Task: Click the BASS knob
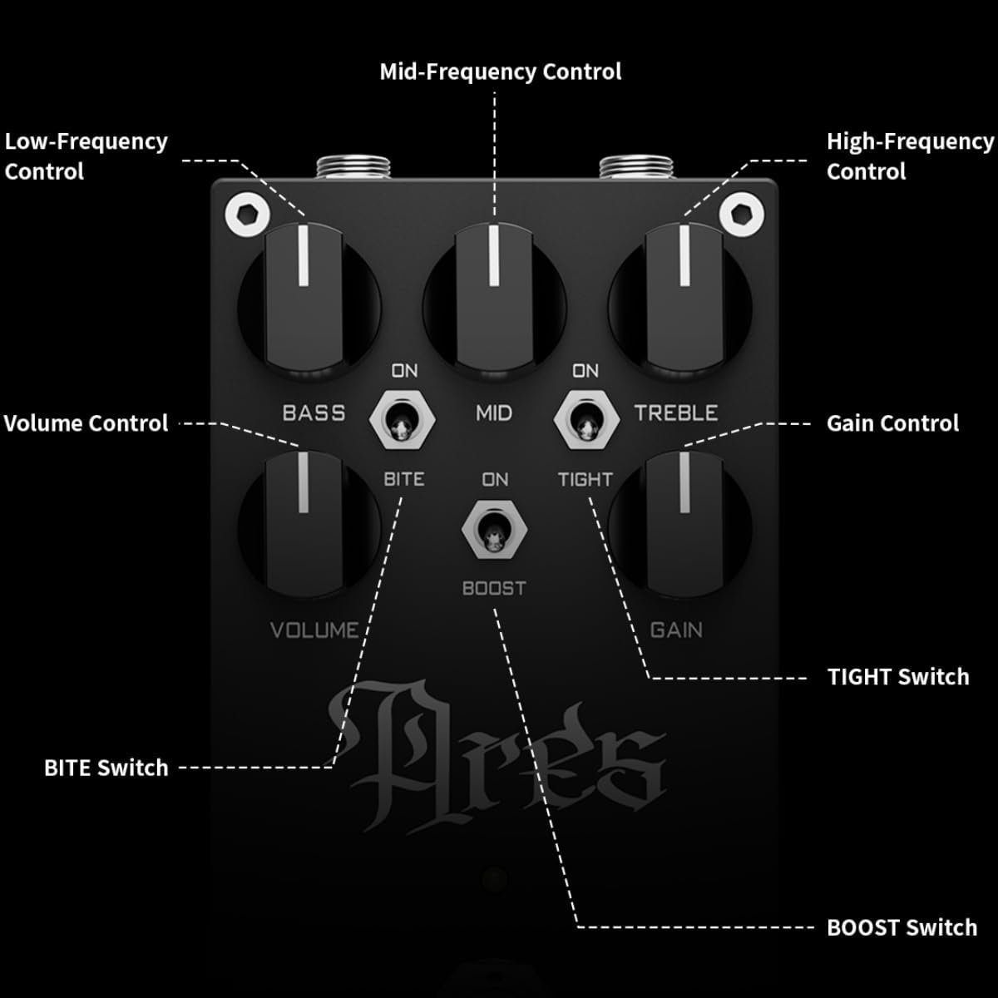point(309,300)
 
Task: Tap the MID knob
point(495,300)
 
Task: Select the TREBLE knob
point(680,300)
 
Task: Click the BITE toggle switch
point(403,420)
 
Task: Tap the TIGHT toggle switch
point(586,420)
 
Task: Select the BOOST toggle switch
point(495,530)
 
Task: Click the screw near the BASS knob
point(248,215)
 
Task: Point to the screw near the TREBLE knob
point(742,215)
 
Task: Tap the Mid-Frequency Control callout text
point(501,72)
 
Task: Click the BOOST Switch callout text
point(902,927)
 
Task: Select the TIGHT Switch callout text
point(898,677)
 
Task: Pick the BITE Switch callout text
point(106,768)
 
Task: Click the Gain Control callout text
point(892,423)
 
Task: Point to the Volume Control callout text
point(86,423)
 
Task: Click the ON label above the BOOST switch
point(495,480)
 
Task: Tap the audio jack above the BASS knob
point(353,167)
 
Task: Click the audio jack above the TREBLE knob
point(636,167)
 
